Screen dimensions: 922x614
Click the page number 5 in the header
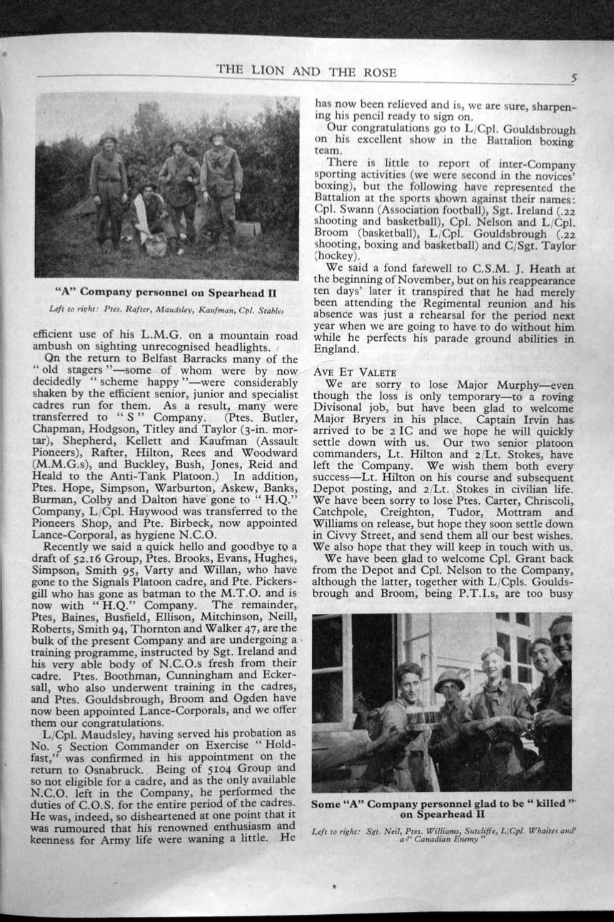pos(574,77)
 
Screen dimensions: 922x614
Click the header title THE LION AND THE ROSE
pos(306,71)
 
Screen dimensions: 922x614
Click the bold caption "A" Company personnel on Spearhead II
pos(166,292)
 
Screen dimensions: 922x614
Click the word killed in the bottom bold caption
pos(545,804)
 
